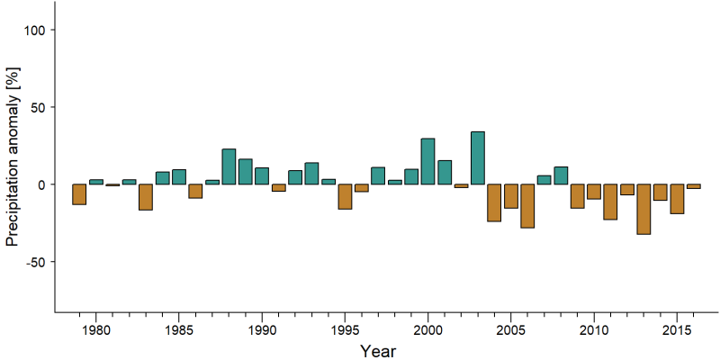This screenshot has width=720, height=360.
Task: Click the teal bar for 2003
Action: coord(478,158)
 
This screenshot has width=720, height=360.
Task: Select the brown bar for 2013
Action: coord(643,210)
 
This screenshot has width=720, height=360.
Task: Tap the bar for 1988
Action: coord(229,166)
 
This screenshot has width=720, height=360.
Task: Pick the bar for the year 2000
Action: coord(428,161)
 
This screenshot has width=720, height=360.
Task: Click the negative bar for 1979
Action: coord(79,194)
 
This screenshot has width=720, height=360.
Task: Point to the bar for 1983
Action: coord(146,197)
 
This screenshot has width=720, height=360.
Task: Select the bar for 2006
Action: coord(527,206)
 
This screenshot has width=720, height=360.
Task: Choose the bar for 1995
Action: coord(345,196)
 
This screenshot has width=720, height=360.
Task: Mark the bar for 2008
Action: coord(561,175)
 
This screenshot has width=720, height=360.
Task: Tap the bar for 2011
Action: coord(610,202)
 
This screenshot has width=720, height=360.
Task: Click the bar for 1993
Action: coord(311,174)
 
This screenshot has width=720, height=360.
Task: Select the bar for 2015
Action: coord(677,199)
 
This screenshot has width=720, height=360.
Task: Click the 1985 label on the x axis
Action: coord(178,331)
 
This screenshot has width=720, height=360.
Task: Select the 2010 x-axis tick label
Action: coord(594,331)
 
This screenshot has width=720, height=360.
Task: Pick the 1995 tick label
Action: coord(345,331)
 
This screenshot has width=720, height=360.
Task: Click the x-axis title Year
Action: coord(377,351)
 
